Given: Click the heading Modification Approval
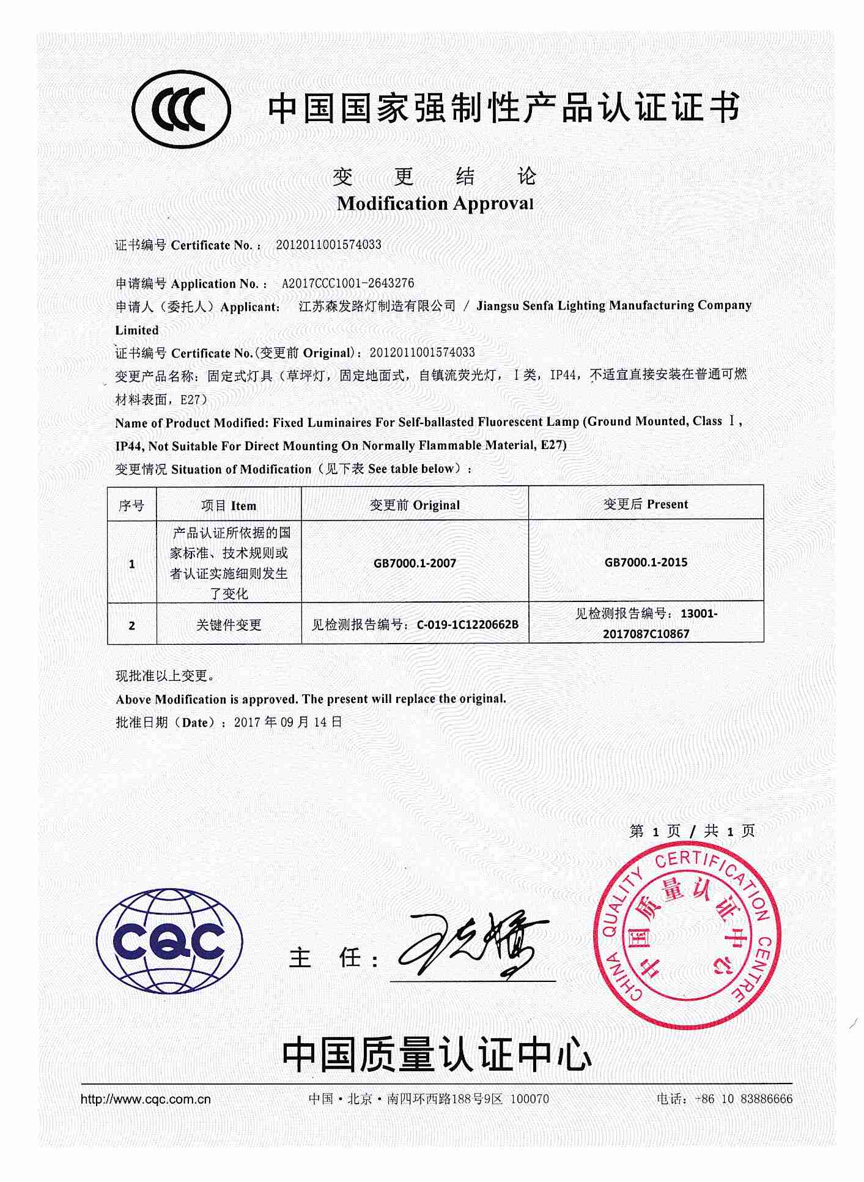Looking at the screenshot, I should tap(435, 204).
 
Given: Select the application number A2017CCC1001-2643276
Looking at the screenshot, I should tap(347, 283).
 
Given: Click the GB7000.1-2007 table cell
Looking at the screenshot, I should tap(415, 563).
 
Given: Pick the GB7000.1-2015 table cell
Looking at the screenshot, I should tap(646, 562).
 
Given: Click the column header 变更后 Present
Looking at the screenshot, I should tap(646, 504).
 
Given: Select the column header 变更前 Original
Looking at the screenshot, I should tap(415, 505).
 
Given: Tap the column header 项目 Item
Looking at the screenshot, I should tap(229, 505).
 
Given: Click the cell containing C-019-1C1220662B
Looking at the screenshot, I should tap(415, 625).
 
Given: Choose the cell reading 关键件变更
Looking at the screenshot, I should tap(229, 625).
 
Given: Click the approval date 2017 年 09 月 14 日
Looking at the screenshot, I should tap(288, 722).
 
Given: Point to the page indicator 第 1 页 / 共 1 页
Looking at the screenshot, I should tap(693, 830).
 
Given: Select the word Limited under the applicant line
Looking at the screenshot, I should tap(137, 330).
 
